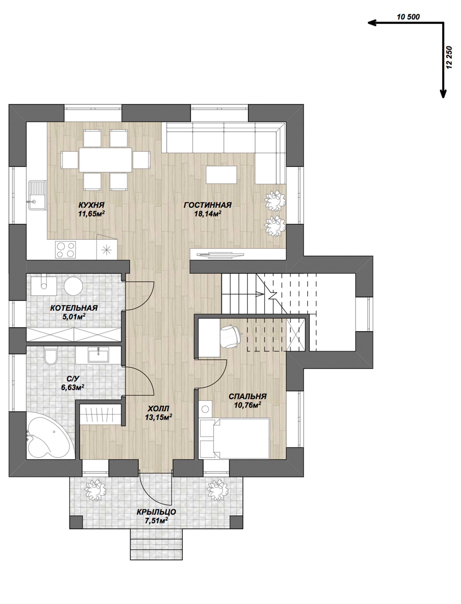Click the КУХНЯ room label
click(92, 205)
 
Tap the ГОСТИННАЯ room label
click(208, 205)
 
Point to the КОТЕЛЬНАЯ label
click(74, 308)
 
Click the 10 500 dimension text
click(408, 17)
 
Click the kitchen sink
click(37, 195)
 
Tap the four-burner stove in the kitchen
click(65, 249)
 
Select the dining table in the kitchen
click(106, 160)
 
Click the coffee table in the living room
click(222, 175)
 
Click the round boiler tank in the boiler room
click(73, 286)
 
